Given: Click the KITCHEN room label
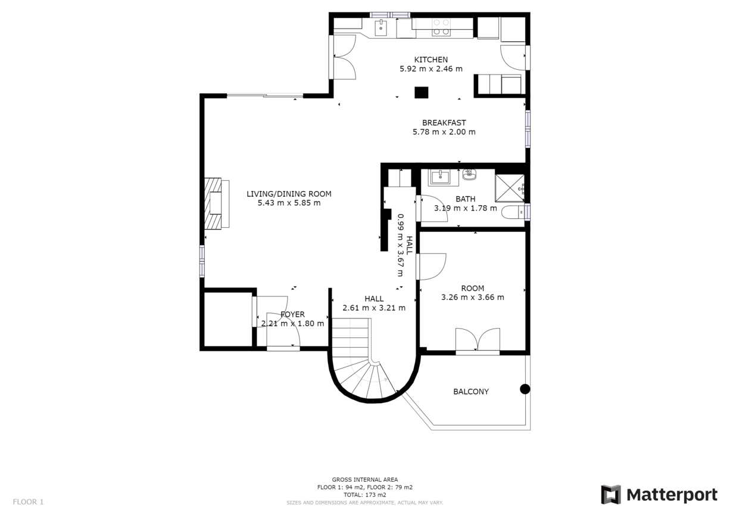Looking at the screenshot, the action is pyautogui.click(x=431, y=60).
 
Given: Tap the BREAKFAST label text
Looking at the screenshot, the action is pyautogui.click(x=444, y=123).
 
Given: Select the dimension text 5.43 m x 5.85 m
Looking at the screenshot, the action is pyautogui.click(x=289, y=203).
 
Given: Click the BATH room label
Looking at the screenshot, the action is pyautogui.click(x=466, y=199).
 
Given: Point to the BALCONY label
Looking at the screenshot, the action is pyautogui.click(x=471, y=391).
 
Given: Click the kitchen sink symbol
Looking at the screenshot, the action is pyautogui.click(x=380, y=28).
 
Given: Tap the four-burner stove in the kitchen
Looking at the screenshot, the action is pyautogui.click(x=441, y=27).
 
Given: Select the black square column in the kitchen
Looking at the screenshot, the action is pyautogui.click(x=421, y=92).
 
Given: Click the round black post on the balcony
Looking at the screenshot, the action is pyautogui.click(x=525, y=389).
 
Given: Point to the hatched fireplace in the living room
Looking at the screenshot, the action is pyautogui.click(x=213, y=203).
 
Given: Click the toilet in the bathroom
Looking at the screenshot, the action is pyautogui.click(x=513, y=212).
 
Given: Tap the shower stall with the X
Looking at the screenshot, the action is pyautogui.click(x=510, y=188).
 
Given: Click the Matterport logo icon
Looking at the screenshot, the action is pyautogui.click(x=611, y=494).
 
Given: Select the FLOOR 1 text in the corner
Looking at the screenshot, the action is pyautogui.click(x=28, y=501).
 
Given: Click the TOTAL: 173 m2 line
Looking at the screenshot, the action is pyautogui.click(x=364, y=495).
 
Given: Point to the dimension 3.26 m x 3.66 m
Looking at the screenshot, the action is pyautogui.click(x=473, y=298).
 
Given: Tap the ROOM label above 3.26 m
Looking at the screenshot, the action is pyautogui.click(x=473, y=288).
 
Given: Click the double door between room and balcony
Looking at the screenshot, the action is pyautogui.click(x=478, y=340).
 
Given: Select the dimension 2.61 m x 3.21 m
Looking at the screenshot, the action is pyautogui.click(x=374, y=308).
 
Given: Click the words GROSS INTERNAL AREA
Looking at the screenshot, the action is pyautogui.click(x=364, y=479).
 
